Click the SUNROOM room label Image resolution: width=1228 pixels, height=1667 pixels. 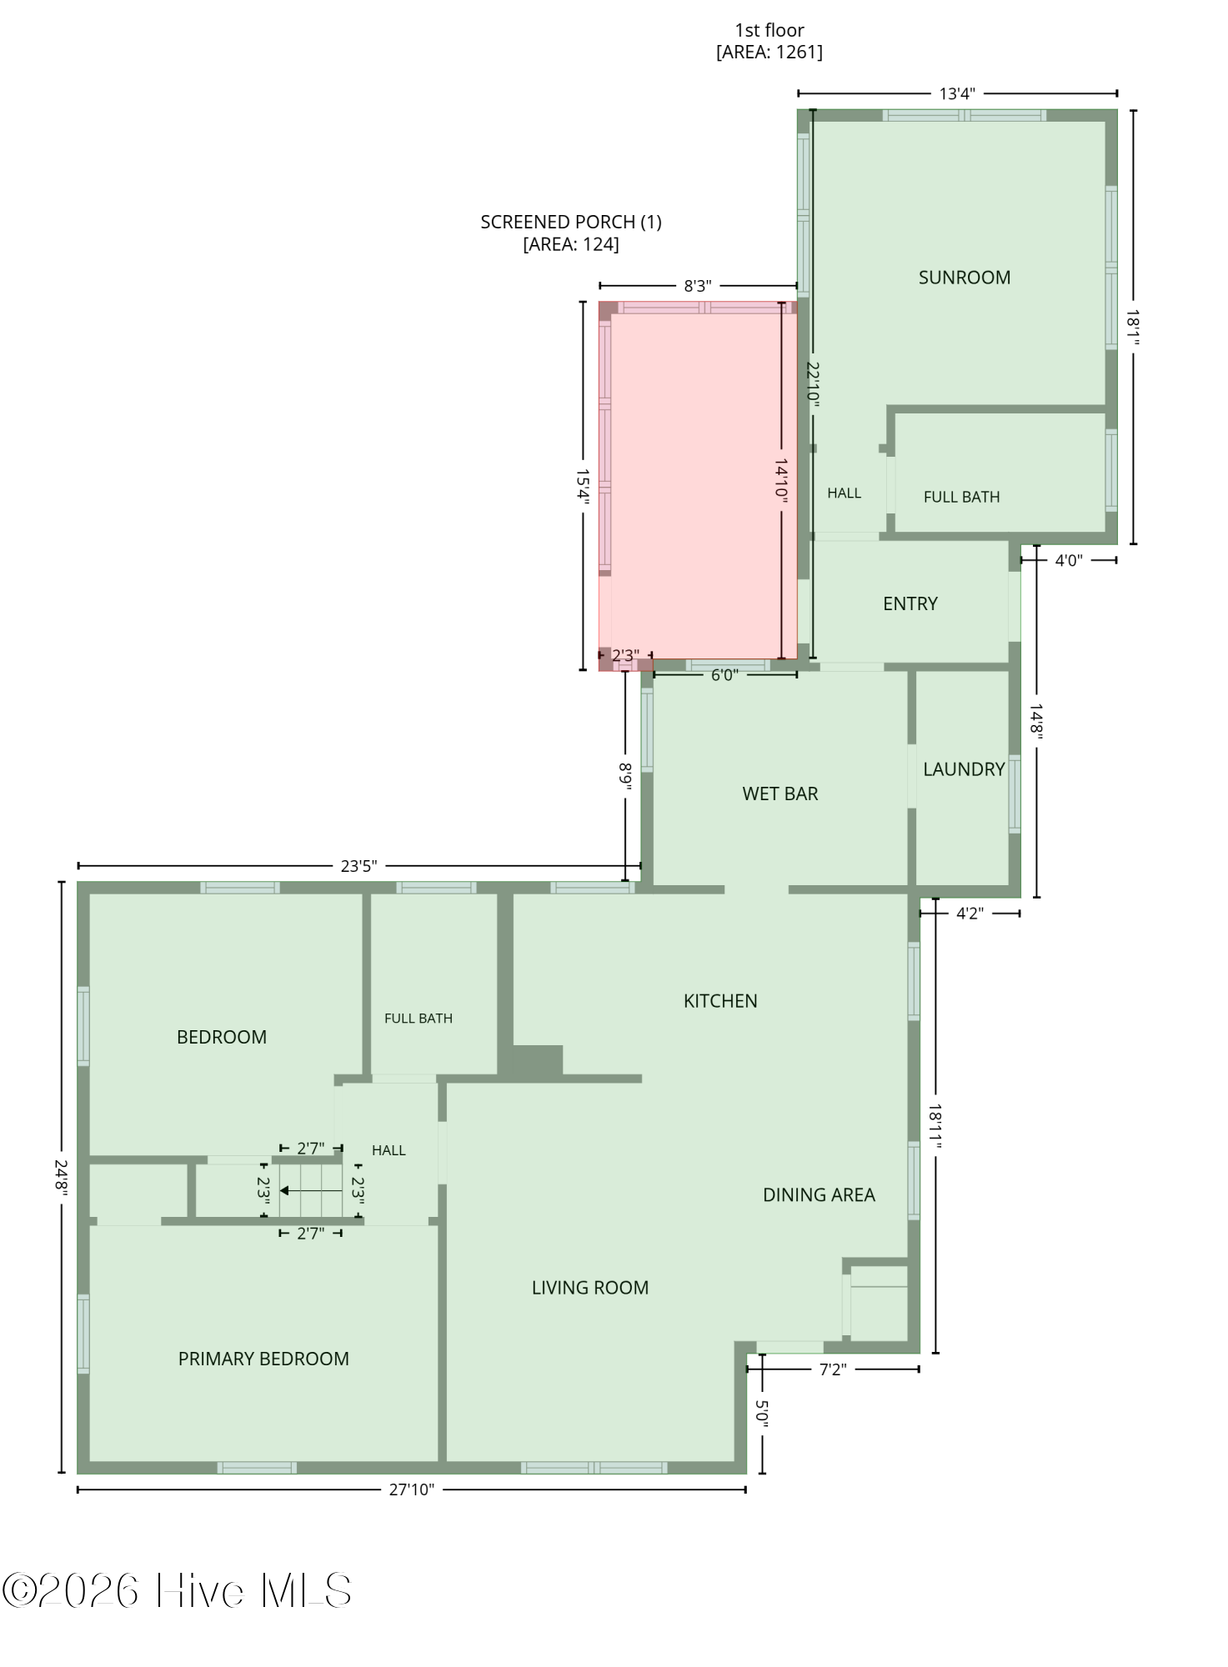coord(964,278)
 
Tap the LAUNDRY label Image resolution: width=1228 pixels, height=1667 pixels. coord(964,769)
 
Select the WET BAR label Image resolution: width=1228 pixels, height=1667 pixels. coord(780,793)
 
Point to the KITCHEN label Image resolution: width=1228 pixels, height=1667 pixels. coord(720,1001)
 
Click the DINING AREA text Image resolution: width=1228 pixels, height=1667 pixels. coord(819,1194)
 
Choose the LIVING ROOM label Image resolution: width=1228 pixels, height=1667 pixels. coord(590,1287)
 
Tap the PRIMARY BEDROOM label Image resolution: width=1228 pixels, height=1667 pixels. coord(263,1359)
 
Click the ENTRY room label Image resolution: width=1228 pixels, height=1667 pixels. coord(910,603)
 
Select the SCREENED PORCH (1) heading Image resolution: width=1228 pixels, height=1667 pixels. coord(571,222)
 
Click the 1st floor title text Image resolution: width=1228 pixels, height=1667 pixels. coord(769,30)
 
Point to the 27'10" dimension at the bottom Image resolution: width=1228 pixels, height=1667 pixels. coord(412,1489)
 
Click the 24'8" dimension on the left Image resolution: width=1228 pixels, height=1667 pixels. coord(61,1177)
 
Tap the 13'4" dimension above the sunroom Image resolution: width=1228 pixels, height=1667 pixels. coord(957,93)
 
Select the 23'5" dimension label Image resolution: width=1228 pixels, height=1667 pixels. coord(358,866)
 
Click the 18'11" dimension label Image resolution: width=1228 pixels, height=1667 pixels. coord(935,1127)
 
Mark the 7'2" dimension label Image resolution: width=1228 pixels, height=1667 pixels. coord(833,1369)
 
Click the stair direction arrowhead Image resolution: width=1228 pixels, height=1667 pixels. coord(284,1190)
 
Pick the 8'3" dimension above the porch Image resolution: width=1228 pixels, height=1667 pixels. coord(698,286)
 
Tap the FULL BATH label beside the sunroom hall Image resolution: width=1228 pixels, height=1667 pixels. coord(961,497)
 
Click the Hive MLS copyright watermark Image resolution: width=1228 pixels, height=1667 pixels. coord(177,1591)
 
